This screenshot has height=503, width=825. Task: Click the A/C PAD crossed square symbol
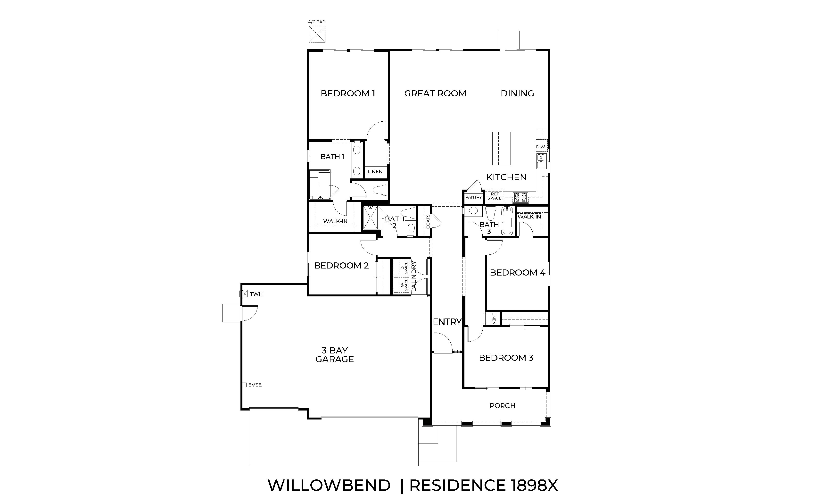pos(317,34)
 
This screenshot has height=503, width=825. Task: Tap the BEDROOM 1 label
pos(348,93)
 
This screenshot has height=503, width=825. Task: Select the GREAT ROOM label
pos(435,93)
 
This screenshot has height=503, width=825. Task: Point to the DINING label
pos(517,93)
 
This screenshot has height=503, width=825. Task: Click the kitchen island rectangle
pos(501,148)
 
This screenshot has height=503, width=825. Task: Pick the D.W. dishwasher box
pos(541,146)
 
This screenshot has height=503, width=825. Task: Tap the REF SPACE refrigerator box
pos(495,196)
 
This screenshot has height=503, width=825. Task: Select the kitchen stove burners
pos(520,198)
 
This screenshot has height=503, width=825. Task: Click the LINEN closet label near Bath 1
pos(375,171)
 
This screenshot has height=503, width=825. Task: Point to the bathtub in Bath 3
pos(507,221)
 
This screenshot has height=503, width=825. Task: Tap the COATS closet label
pos(428,221)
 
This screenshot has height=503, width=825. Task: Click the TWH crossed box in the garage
pos(243,294)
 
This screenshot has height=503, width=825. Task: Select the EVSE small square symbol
pos(244,385)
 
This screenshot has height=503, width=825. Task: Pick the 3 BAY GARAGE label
pos(334,355)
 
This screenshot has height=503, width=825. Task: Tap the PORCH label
pos(502,406)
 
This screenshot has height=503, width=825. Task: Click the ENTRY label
pos(447,322)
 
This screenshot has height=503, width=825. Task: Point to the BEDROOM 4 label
pos(517,273)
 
